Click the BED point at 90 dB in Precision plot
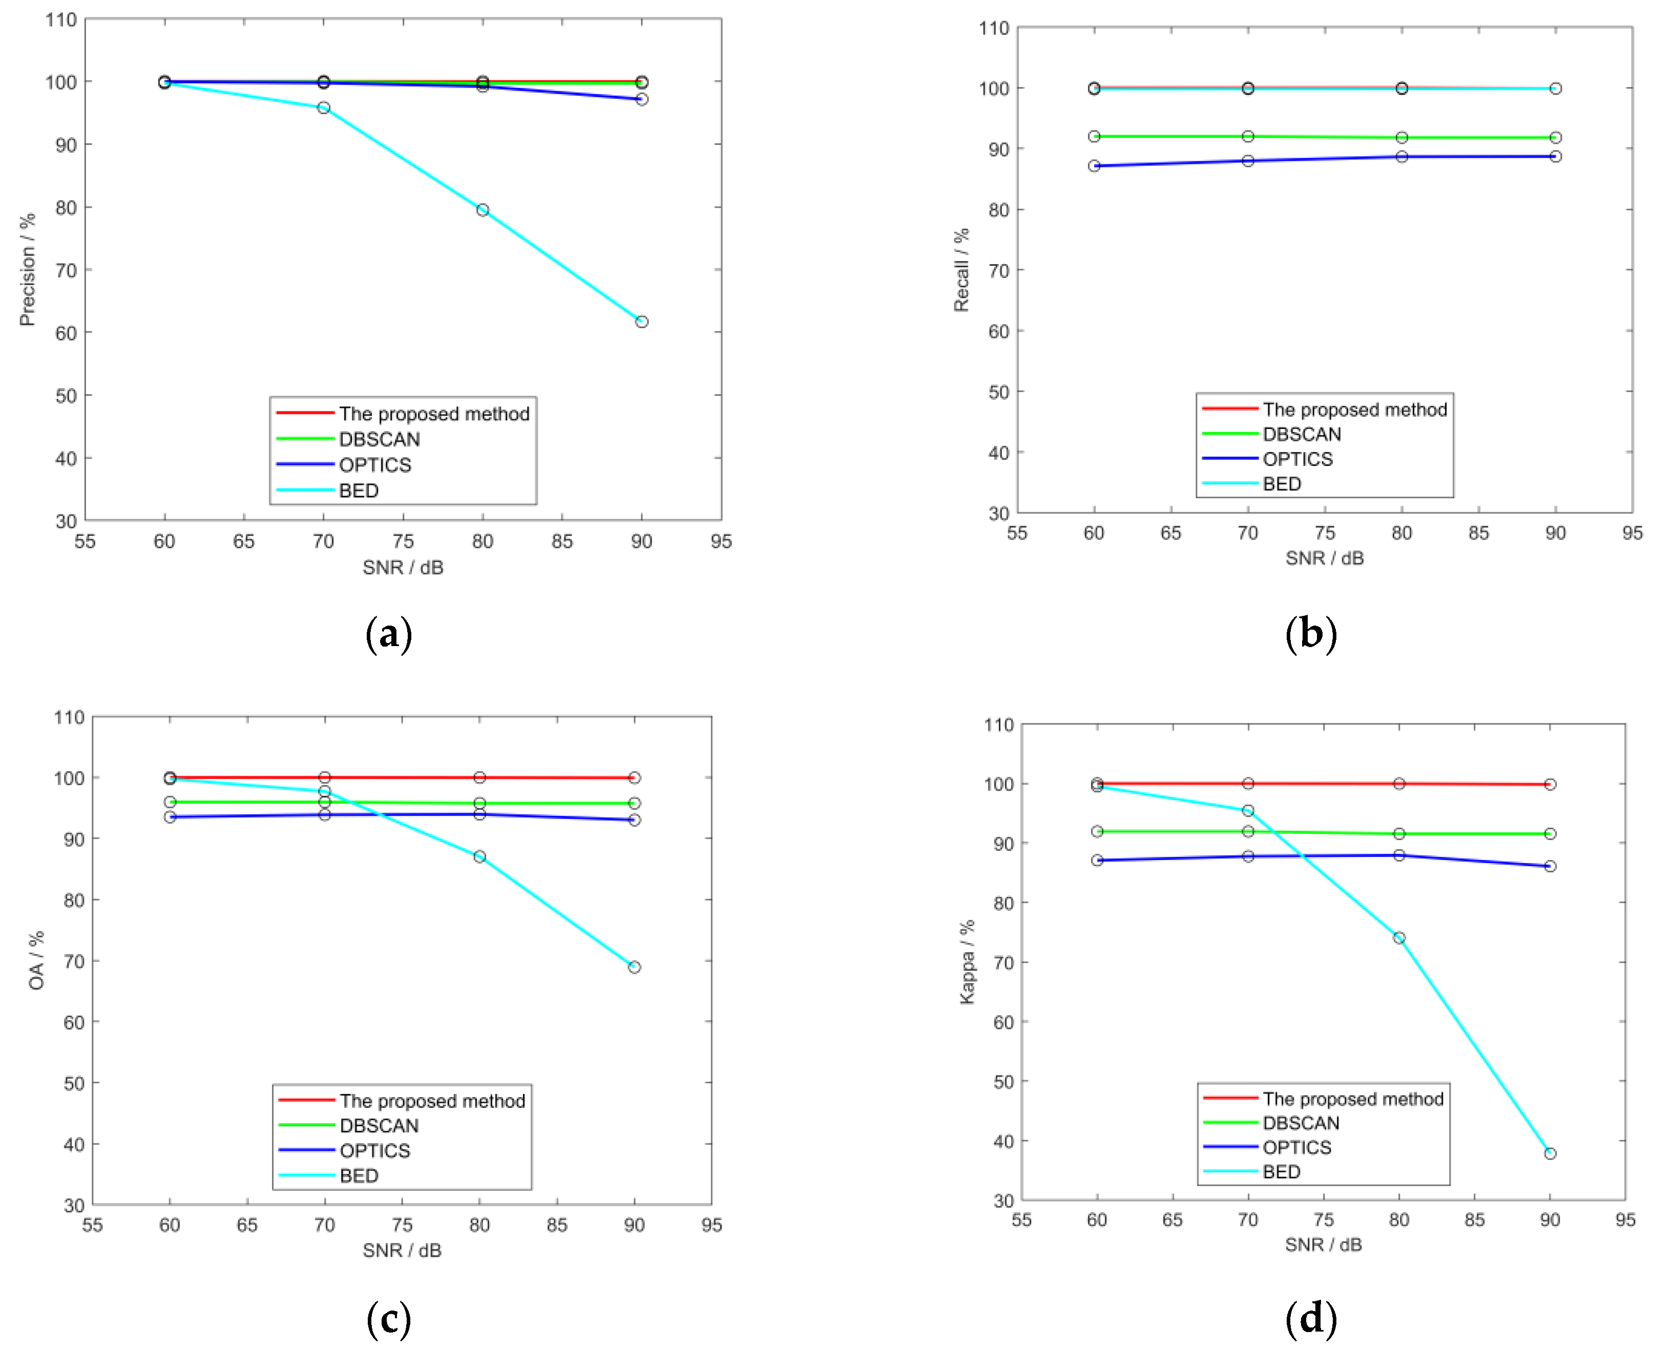click(x=641, y=321)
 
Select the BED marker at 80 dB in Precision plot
click(x=483, y=210)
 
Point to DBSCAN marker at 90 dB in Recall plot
click(x=1555, y=138)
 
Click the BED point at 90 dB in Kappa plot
click(x=1550, y=1153)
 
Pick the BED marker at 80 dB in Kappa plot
click(x=1399, y=938)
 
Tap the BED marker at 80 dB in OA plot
click(x=479, y=857)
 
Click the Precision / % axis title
click(x=27, y=269)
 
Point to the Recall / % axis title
click(x=961, y=270)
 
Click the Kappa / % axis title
click(x=967, y=962)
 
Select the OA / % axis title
click(x=36, y=960)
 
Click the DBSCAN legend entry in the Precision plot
click(x=379, y=439)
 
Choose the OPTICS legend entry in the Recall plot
click(x=1297, y=459)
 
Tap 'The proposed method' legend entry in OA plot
click(x=432, y=1101)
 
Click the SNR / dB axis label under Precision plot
click(x=403, y=567)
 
